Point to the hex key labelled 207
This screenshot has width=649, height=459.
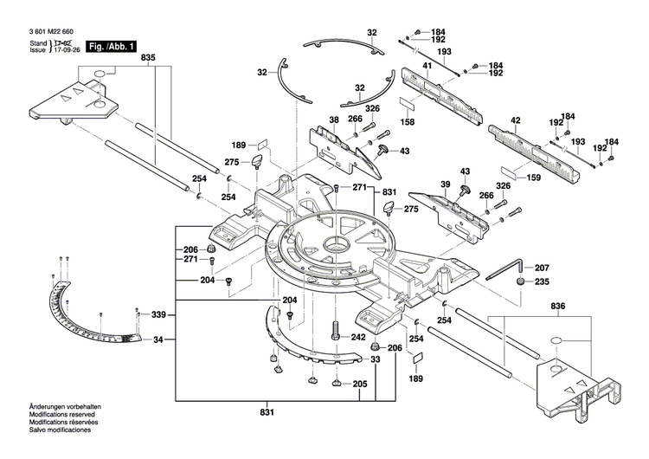coord(501,271)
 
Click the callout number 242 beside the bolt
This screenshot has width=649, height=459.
coord(358,338)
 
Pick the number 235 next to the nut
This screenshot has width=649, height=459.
coord(541,281)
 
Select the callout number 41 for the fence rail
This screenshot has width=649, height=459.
coord(426,66)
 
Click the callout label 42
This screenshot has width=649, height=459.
coord(516,120)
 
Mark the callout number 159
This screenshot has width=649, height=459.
coord(533,178)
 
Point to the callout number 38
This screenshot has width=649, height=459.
coord(333,120)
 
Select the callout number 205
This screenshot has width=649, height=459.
coord(359,385)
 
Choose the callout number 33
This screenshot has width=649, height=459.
coord(375,359)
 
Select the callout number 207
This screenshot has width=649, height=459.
coord(541,268)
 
